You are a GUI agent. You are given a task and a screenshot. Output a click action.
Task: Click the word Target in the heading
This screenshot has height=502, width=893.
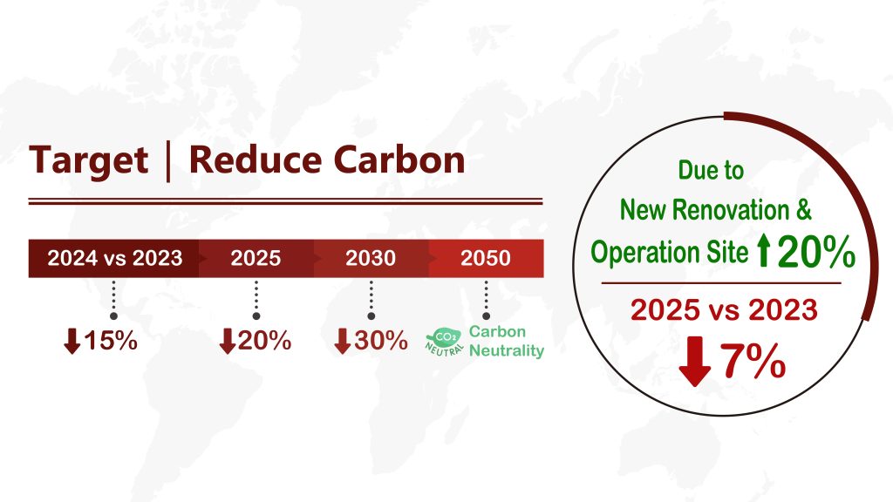click(89, 161)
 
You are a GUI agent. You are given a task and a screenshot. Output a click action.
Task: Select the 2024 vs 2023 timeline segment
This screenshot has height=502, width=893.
click(114, 258)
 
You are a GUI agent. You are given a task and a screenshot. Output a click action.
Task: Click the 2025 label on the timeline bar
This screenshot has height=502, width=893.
click(256, 258)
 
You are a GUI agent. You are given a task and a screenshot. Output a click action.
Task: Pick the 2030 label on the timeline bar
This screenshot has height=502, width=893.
click(371, 258)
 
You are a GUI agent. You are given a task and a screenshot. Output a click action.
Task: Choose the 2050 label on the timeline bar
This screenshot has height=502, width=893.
click(486, 258)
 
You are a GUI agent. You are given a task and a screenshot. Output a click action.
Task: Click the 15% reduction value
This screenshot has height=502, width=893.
click(111, 341)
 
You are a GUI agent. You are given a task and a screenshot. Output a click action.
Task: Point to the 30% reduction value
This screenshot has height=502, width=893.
click(381, 341)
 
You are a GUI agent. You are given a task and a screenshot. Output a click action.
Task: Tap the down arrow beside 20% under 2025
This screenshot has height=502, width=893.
click(228, 341)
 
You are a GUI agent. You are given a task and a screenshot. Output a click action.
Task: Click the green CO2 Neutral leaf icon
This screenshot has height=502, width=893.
click(444, 342)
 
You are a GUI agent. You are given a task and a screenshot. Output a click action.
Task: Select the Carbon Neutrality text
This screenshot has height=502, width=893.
click(507, 341)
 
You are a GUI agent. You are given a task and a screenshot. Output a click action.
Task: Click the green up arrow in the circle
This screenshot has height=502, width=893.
click(764, 252)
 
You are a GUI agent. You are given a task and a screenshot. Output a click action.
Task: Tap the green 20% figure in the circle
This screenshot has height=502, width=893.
click(816, 251)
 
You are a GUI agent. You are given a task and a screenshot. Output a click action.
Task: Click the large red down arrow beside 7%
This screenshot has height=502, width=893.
click(695, 362)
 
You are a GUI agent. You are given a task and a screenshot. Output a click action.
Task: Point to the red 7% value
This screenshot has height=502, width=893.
click(753, 360)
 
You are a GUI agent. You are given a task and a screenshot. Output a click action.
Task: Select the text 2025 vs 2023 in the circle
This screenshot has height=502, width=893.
click(724, 310)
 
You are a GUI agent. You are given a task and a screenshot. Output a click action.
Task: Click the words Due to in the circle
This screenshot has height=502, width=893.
click(711, 170)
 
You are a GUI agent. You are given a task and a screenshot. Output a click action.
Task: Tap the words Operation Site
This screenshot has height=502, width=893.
click(669, 252)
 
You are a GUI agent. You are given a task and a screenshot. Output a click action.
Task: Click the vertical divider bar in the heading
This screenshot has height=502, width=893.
click(168, 162)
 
